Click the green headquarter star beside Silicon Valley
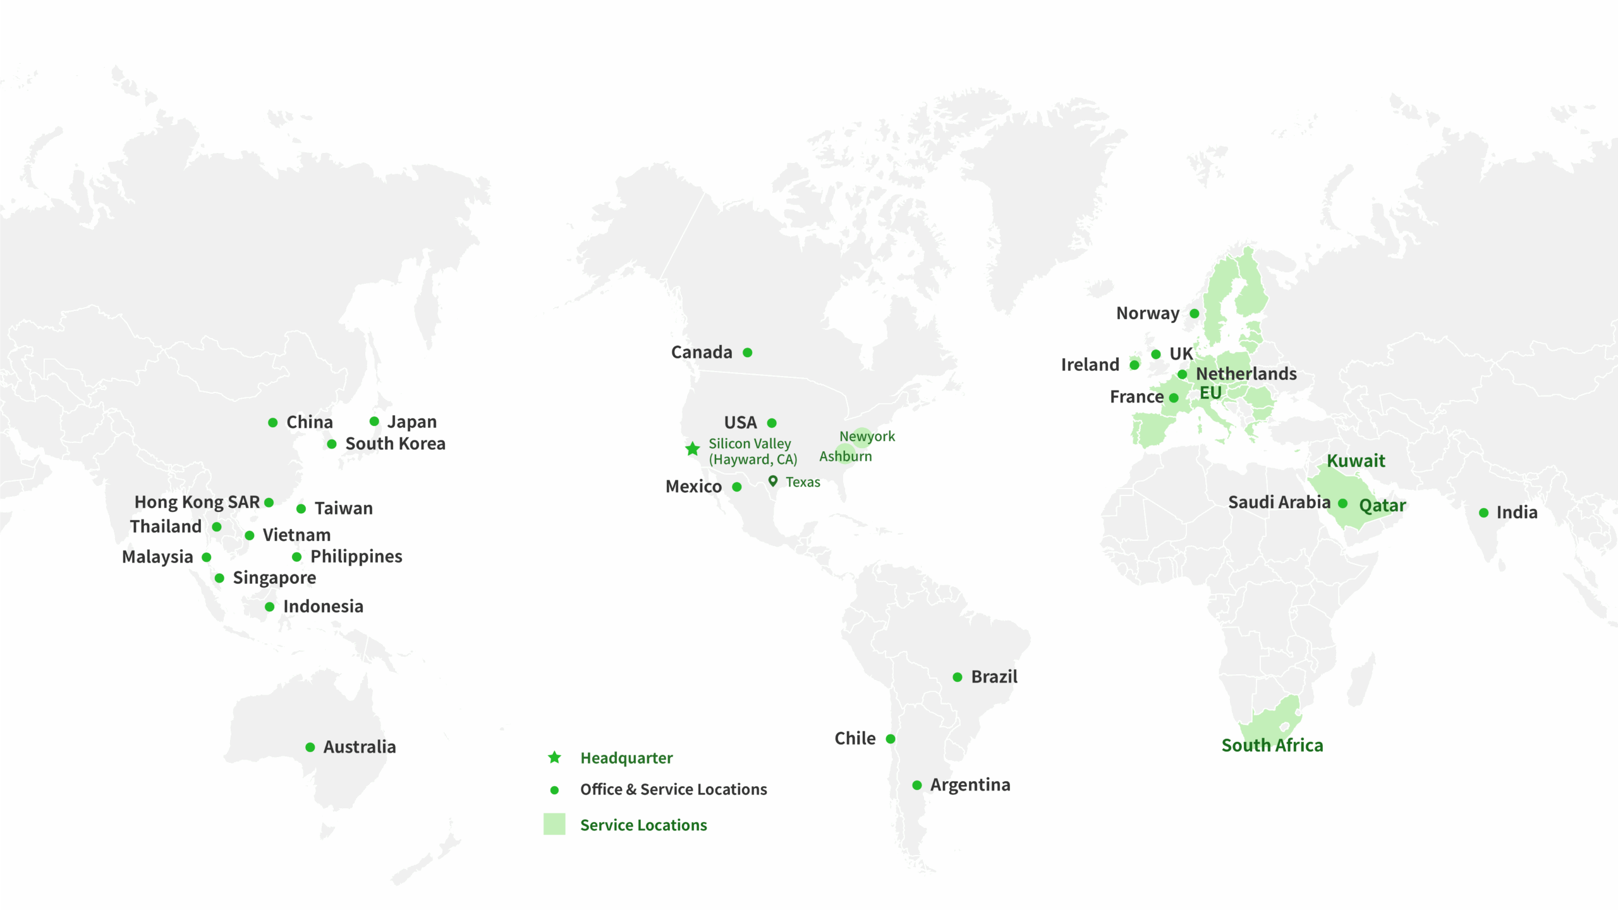click(693, 449)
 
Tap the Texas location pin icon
click(772, 481)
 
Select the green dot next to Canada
click(748, 353)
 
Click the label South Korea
click(395, 444)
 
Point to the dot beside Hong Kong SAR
click(269, 502)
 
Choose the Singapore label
click(274, 578)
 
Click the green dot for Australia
click(310, 747)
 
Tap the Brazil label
click(994, 677)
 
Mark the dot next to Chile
click(891, 739)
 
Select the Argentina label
click(970, 785)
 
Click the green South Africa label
click(1272, 745)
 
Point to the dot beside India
click(1484, 513)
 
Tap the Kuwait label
click(1356, 461)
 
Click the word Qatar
click(1382, 506)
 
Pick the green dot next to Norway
click(1195, 313)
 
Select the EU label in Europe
click(1210, 392)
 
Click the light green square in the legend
click(554, 824)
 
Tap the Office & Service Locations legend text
click(673, 789)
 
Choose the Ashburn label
click(846, 456)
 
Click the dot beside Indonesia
click(270, 607)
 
